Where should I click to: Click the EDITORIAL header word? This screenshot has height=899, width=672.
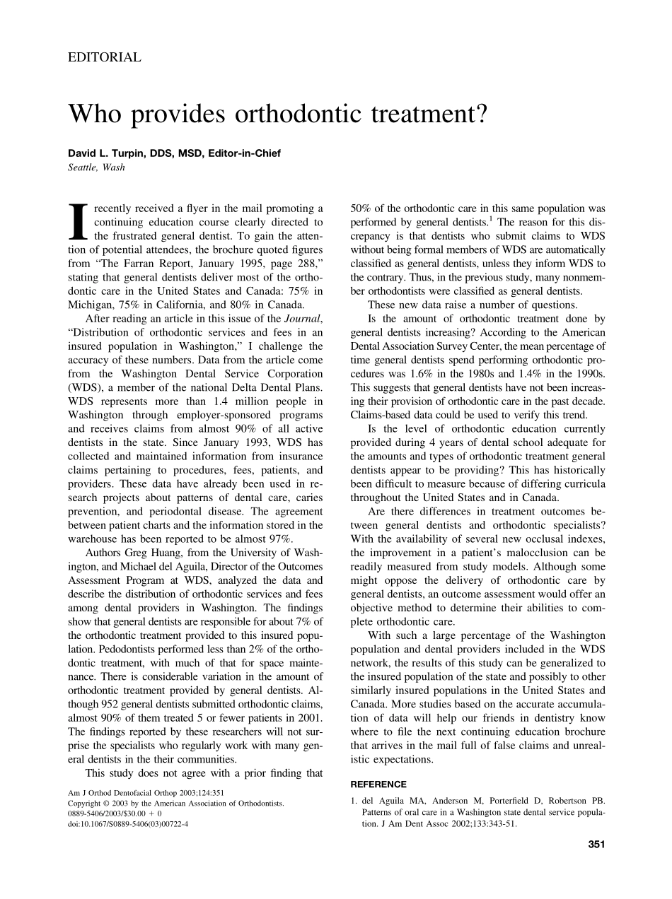104,57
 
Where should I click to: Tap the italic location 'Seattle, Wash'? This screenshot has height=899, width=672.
96,168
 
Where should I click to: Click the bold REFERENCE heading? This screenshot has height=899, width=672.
378,785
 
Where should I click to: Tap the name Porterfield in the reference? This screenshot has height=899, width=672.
500,801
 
